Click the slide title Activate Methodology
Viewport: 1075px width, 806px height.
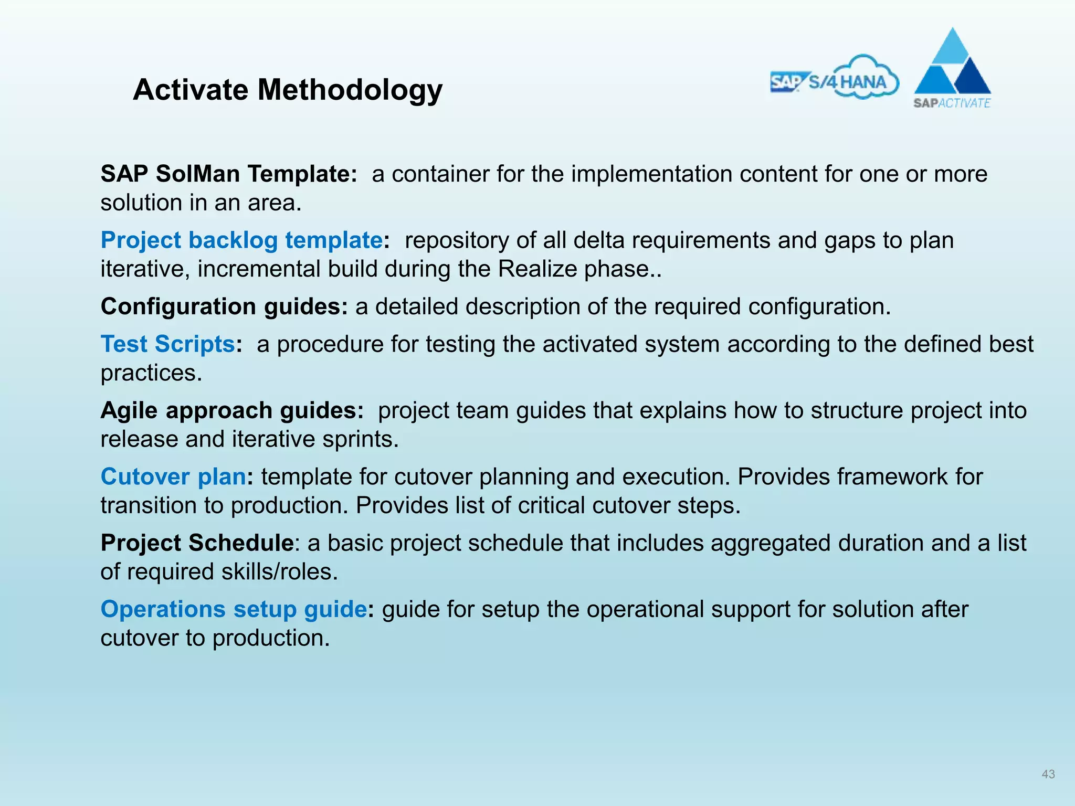click(x=288, y=90)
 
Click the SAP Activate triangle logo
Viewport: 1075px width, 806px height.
click(x=952, y=68)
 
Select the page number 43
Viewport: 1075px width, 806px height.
click(x=1048, y=774)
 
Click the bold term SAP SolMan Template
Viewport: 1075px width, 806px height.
click(x=229, y=174)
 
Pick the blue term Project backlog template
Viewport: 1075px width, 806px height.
click(x=241, y=240)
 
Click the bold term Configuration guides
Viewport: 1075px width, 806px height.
click(x=224, y=306)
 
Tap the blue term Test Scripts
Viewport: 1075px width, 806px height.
click(x=167, y=344)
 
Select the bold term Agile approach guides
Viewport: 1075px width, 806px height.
click(x=232, y=410)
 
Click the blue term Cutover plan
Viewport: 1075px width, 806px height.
click(x=173, y=476)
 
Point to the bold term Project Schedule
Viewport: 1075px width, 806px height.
click(x=197, y=543)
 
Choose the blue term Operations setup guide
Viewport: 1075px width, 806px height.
click(x=234, y=609)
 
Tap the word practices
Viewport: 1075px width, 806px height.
click(x=151, y=374)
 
